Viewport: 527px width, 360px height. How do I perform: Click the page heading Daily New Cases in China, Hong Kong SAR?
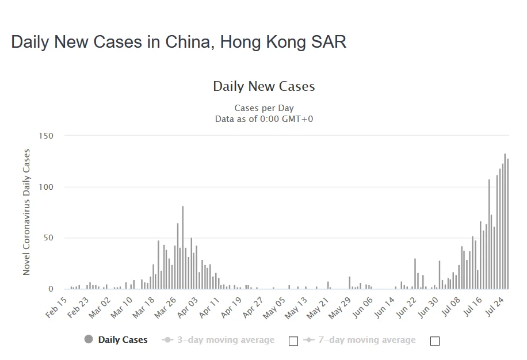(178, 42)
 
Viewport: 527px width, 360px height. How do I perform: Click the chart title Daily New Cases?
(263, 87)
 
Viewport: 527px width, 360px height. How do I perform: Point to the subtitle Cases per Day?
(263, 108)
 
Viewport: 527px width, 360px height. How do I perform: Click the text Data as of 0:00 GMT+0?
(263, 119)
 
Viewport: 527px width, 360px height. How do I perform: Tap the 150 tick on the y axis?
(46, 136)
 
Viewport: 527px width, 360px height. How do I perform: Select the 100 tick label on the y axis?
(46, 187)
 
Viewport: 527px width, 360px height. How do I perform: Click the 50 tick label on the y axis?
(48, 238)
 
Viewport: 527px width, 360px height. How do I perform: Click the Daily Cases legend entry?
(123, 340)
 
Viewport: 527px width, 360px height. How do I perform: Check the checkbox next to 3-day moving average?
(293, 341)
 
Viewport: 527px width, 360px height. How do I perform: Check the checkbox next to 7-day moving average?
(435, 341)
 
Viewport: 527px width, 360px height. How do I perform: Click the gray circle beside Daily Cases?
(89, 339)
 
